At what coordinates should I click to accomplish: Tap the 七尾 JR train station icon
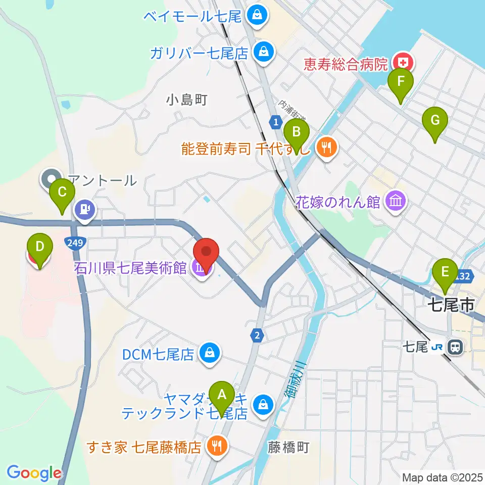(x=455, y=347)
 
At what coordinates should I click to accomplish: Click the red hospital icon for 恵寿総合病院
(x=405, y=63)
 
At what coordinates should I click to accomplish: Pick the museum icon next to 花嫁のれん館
(x=395, y=202)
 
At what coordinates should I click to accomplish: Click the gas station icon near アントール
(x=84, y=208)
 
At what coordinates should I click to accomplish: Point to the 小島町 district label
(x=186, y=100)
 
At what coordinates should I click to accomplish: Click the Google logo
(x=34, y=473)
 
